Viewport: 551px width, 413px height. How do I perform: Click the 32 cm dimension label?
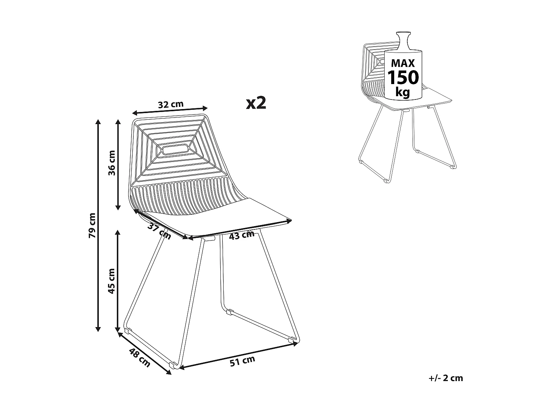coord(170,104)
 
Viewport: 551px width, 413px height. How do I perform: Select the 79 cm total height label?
coord(92,225)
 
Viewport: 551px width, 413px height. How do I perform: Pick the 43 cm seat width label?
coord(241,235)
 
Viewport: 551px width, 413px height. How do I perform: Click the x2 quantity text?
coord(256,103)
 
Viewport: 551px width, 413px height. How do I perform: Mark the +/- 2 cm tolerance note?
coord(446,378)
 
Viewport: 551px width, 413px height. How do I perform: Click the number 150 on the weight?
coord(403,77)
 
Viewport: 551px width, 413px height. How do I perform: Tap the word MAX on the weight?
coord(403,63)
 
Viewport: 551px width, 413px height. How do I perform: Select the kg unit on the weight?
coord(403,92)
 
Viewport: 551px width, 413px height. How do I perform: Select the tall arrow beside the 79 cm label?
coord(98,225)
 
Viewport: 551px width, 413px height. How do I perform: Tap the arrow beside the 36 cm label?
coord(118,164)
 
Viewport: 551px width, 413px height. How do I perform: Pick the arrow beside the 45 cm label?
coord(118,281)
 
